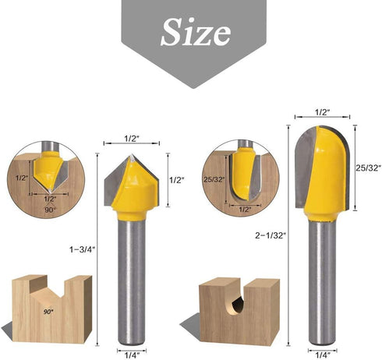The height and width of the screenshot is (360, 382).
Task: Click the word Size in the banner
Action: [195, 32]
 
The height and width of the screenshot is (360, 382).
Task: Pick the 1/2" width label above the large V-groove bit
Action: [132, 138]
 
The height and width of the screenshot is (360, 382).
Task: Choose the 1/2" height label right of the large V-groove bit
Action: [176, 179]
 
